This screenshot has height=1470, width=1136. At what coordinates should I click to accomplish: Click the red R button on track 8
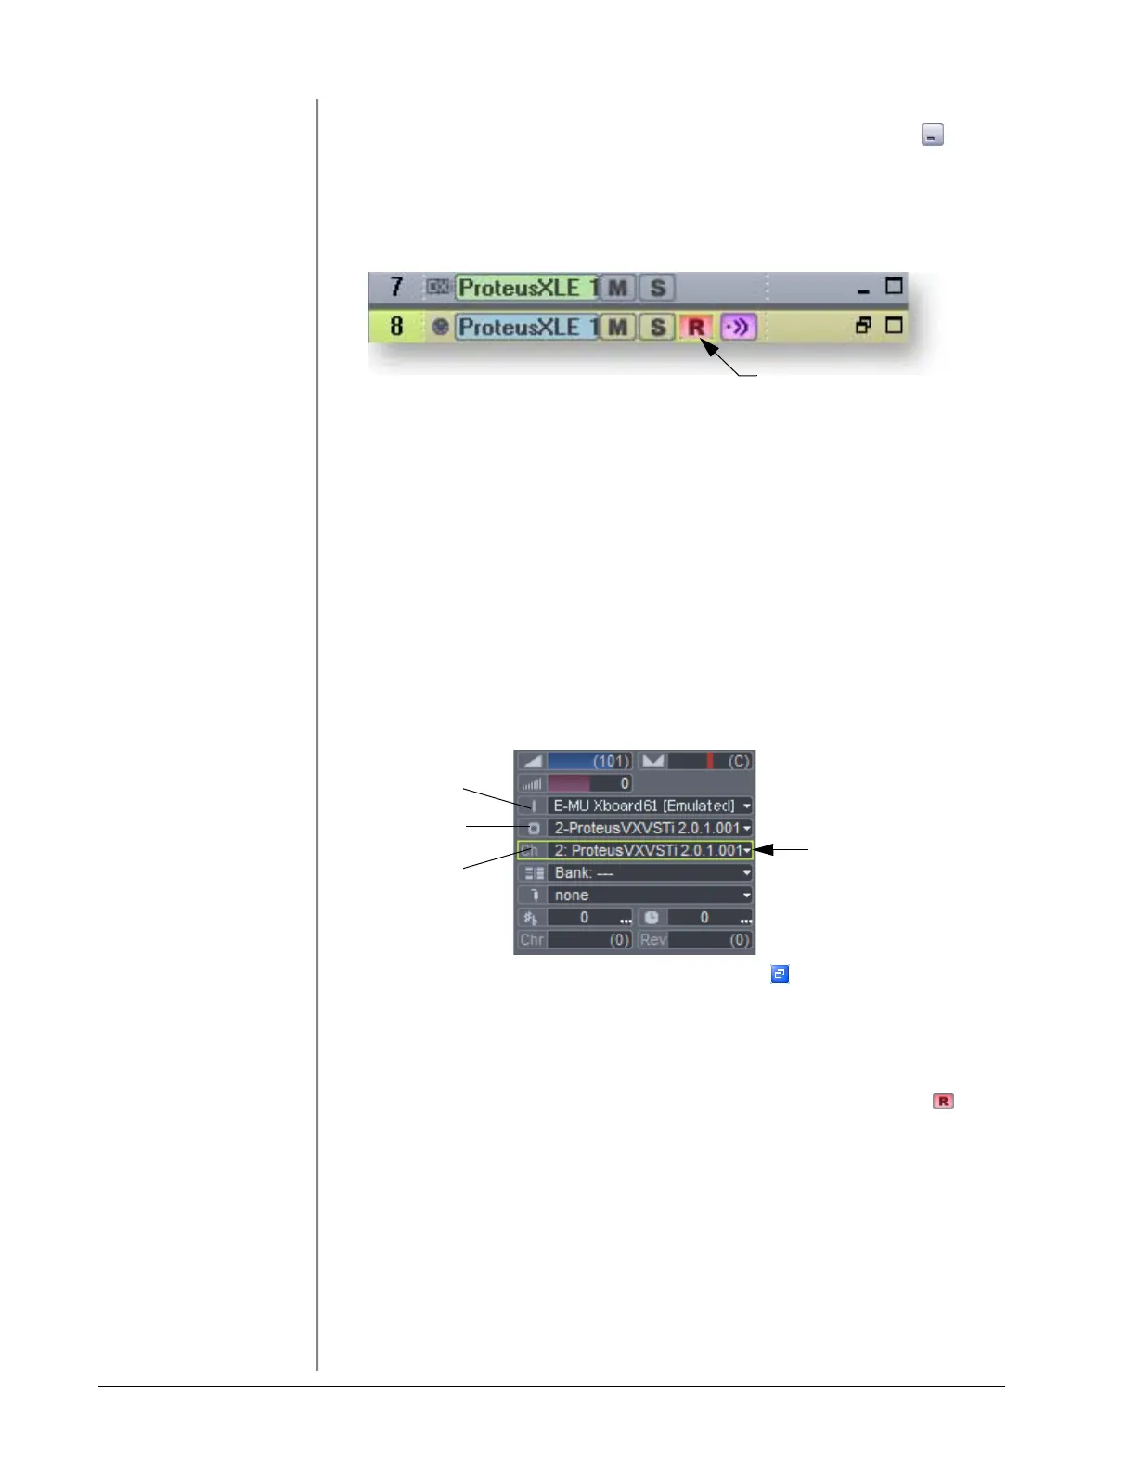pyautogui.click(x=696, y=327)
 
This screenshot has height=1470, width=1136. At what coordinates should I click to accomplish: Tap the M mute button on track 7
pyautogui.click(x=617, y=288)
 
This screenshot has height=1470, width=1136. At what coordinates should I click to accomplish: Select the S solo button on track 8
pyautogui.click(x=657, y=327)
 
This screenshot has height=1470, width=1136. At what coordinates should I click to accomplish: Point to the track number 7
pyautogui.click(x=397, y=287)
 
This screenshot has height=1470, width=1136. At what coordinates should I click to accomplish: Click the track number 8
pyautogui.click(x=397, y=326)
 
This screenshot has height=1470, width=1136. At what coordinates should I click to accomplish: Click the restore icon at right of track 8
pyautogui.click(x=863, y=326)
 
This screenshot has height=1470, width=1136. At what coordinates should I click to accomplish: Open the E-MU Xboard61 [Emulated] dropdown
pyautogui.click(x=649, y=806)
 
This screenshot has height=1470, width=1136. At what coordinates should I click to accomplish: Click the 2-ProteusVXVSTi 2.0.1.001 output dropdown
pyautogui.click(x=649, y=828)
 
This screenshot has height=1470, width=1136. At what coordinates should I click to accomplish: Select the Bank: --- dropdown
pyautogui.click(x=649, y=872)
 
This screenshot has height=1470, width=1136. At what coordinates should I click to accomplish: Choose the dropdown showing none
pyautogui.click(x=649, y=895)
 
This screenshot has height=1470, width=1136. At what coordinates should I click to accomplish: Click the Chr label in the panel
pyautogui.click(x=532, y=939)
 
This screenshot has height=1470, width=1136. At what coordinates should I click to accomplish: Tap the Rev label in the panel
pyautogui.click(x=652, y=939)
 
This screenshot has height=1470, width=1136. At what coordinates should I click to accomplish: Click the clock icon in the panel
pyautogui.click(x=652, y=917)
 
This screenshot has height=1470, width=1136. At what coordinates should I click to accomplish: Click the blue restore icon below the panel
pyautogui.click(x=780, y=974)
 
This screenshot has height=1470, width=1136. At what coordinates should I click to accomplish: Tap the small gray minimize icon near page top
pyautogui.click(x=932, y=135)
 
